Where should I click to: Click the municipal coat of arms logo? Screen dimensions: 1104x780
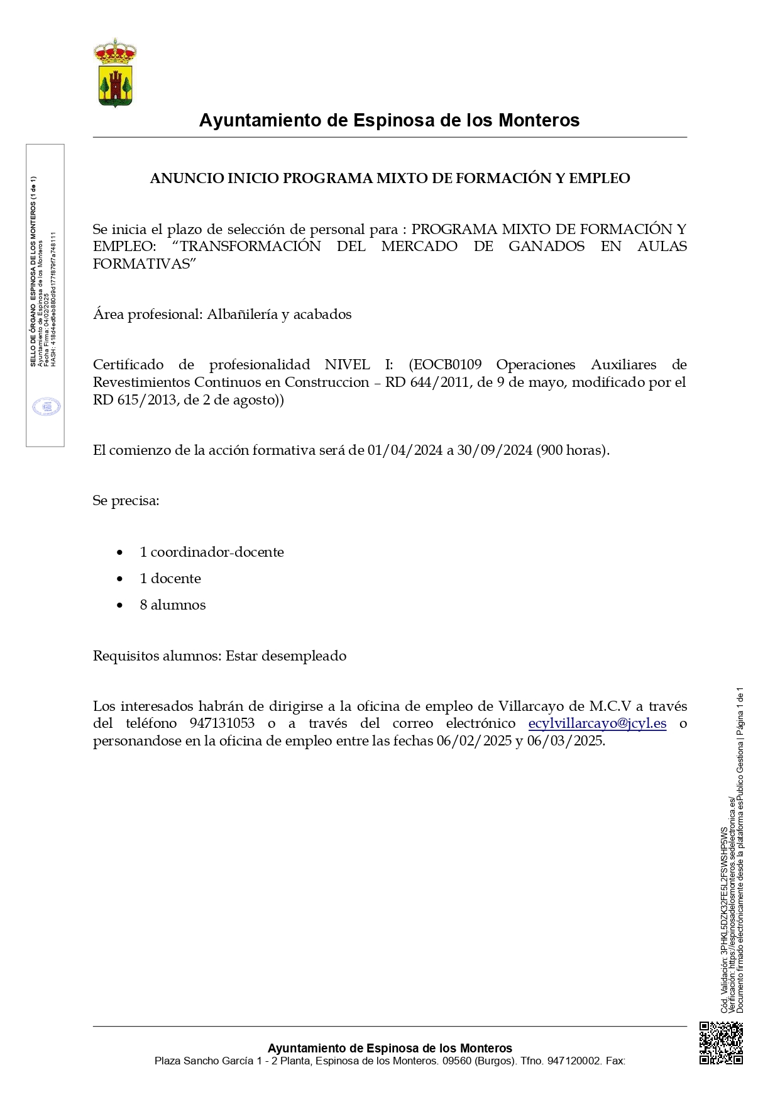[x=115, y=72]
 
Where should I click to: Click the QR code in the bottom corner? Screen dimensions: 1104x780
[x=721, y=1043]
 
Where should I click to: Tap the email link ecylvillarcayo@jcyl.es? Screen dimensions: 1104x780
[x=597, y=723]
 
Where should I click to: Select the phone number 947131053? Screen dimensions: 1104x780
[x=222, y=723]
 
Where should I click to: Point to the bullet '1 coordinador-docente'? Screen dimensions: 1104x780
[x=212, y=552]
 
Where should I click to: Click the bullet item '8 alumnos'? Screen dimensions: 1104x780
[x=173, y=605]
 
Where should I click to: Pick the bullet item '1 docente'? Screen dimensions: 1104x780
[x=170, y=579]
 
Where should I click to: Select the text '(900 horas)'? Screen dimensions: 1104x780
[x=573, y=450]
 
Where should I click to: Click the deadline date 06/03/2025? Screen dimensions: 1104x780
[x=565, y=741]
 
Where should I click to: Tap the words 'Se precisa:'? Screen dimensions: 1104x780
[x=126, y=501]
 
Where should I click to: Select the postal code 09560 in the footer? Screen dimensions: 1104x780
[x=456, y=1061]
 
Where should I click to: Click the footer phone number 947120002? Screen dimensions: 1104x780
[x=574, y=1061]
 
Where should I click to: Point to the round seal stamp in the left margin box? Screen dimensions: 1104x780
[x=47, y=406]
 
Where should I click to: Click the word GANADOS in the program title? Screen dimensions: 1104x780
[x=546, y=247]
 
